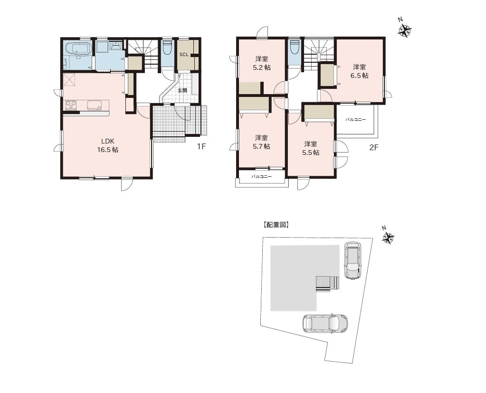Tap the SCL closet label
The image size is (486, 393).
[184, 55]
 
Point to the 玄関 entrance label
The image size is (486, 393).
[182, 91]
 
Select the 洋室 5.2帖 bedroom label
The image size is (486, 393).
[262, 63]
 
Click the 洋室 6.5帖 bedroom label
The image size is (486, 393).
[360, 71]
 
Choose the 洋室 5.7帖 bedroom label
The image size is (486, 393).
[262, 142]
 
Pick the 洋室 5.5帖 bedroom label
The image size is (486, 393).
[311, 148]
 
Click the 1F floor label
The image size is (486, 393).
[201, 146]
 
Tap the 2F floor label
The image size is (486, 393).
[374, 147]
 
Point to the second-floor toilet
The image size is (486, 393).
[294, 48]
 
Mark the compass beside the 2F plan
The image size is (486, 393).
[404, 30]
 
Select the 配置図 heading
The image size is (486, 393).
[276, 225]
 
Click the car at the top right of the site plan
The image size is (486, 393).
[353, 260]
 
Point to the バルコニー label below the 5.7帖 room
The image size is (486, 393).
[262, 177]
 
